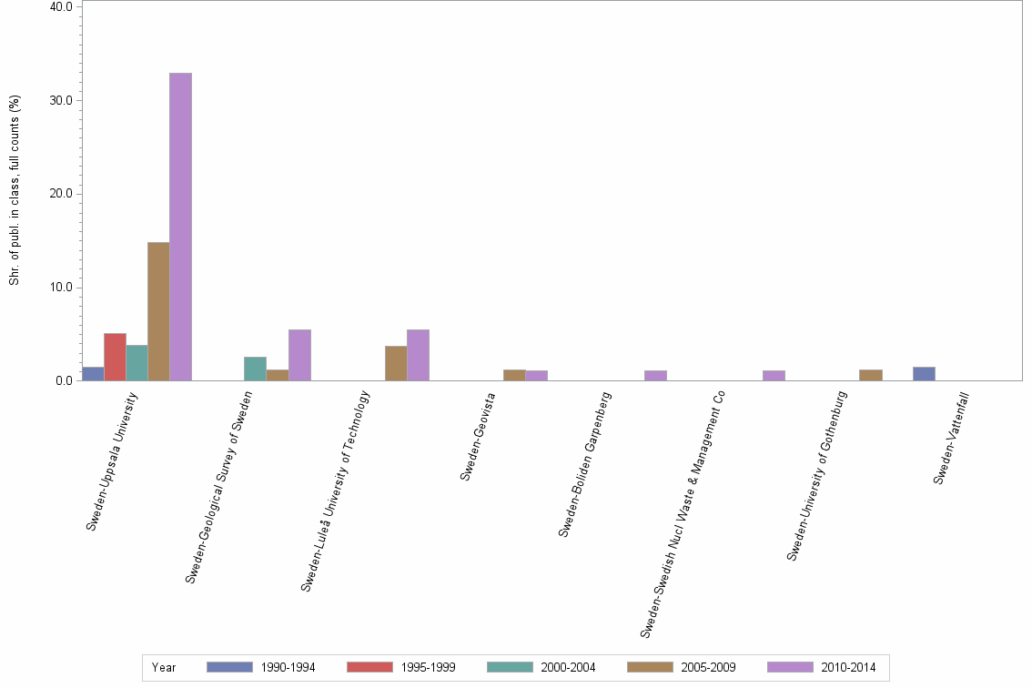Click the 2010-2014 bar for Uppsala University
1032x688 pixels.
(180, 227)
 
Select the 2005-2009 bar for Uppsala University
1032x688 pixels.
(158, 311)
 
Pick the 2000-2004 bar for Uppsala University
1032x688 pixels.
(137, 362)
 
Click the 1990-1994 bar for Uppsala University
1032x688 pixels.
(93, 373)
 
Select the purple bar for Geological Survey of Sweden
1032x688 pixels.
(299, 355)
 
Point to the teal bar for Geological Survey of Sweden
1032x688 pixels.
(255, 369)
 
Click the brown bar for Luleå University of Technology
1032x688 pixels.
(396, 363)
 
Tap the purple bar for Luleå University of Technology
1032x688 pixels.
(418, 355)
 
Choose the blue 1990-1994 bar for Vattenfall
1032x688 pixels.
(924, 373)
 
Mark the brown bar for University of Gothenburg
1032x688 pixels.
(870, 375)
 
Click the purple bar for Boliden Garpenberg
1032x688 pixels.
(655, 375)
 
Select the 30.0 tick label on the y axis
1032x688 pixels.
(61, 100)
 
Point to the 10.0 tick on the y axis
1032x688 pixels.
(61, 288)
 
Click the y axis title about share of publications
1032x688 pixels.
(14, 190)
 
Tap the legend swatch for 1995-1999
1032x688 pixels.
(369, 667)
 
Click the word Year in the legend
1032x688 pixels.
(165, 667)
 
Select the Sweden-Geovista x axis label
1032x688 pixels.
(479, 436)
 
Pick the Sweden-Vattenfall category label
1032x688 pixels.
(951, 436)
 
